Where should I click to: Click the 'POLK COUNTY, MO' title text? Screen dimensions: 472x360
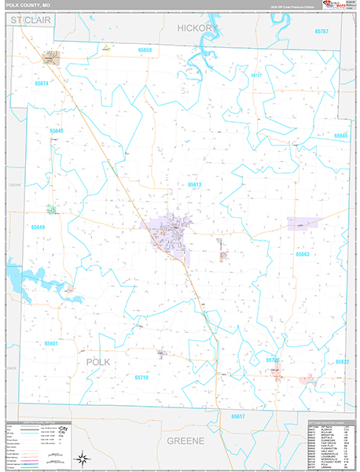pyautogui.click(x=29, y=6)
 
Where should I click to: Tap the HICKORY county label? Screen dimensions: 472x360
pyautogui.click(x=196, y=28)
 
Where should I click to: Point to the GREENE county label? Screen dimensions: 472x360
pyautogui.click(x=186, y=441)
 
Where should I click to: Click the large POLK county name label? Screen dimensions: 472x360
pyautogui.click(x=98, y=360)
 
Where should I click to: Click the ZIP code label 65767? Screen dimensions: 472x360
pyautogui.click(x=321, y=31)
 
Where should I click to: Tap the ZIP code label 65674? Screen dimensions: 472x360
pyautogui.click(x=42, y=83)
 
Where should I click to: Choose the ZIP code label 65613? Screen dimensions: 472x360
pyautogui.click(x=194, y=185)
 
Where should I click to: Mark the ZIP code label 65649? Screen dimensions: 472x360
pyautogui.click(x=39, y=227)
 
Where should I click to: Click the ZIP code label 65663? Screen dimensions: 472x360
pyautogui.click(x=303, y=254)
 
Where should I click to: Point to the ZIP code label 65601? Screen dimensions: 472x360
pyautogui.click(x=52, y=343)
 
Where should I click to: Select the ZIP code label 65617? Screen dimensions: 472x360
pyautogui.click(x=238, y=415)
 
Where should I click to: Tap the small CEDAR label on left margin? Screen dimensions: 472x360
pyautogui.click(x=13, y=186)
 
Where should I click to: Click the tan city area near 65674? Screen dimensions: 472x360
pyautogui.click(x=52, y=57)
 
